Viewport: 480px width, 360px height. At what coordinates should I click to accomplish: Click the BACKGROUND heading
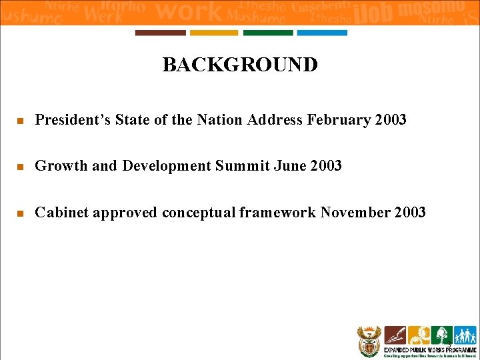coord(240,65)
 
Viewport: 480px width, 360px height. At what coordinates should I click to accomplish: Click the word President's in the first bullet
coord(73,120)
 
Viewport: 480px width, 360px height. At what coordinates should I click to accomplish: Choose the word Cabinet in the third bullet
coord(61,213)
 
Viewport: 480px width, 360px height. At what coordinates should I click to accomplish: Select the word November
coord(355,213)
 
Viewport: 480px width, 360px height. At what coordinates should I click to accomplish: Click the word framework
coord(278,213)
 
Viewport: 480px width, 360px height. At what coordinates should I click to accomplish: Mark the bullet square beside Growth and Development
coord(20,167)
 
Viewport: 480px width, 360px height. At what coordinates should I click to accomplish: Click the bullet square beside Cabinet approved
coord(20,214)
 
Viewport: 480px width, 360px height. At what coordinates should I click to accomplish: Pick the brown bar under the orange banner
coord(160,33)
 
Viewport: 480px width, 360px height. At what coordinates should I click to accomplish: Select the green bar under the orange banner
coord(268,33)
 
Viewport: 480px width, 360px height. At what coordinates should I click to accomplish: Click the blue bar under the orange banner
coord(322,33)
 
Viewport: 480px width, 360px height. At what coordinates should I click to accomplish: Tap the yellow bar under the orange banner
coord(214,33)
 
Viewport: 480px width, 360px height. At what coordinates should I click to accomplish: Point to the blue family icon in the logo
coord(465,335)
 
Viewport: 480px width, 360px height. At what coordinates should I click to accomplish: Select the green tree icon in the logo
coord(441,335)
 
